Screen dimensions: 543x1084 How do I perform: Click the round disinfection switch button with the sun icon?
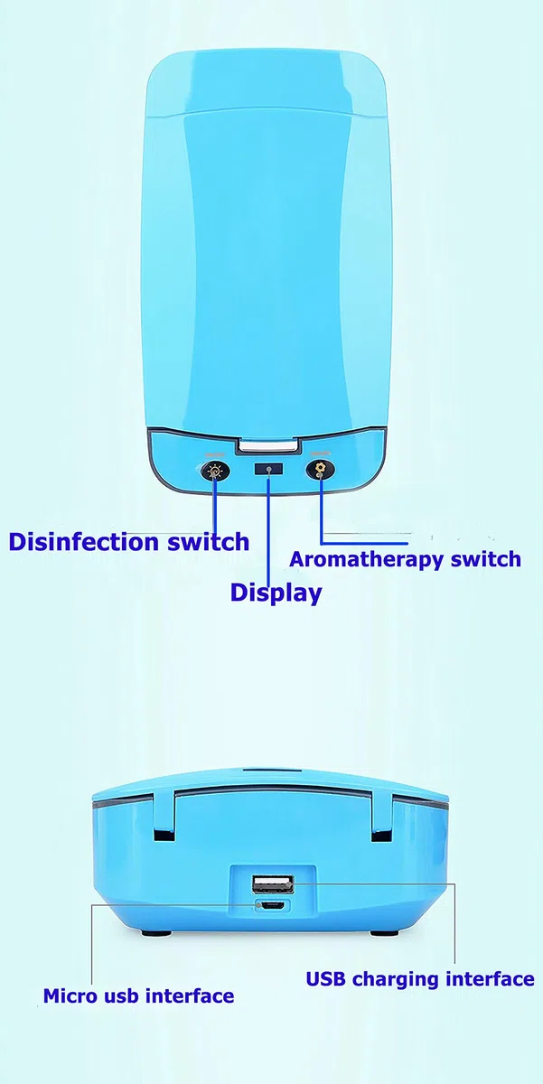213,471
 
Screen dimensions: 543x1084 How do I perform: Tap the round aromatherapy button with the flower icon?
320,470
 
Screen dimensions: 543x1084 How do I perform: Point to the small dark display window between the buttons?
268,469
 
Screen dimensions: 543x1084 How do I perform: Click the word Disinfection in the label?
83,541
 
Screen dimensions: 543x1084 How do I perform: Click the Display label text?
276,593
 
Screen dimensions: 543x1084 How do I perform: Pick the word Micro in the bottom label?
69,995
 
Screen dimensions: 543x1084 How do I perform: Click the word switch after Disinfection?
209,541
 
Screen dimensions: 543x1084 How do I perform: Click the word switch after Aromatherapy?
486,559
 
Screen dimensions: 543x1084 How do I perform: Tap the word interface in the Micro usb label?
190,995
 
